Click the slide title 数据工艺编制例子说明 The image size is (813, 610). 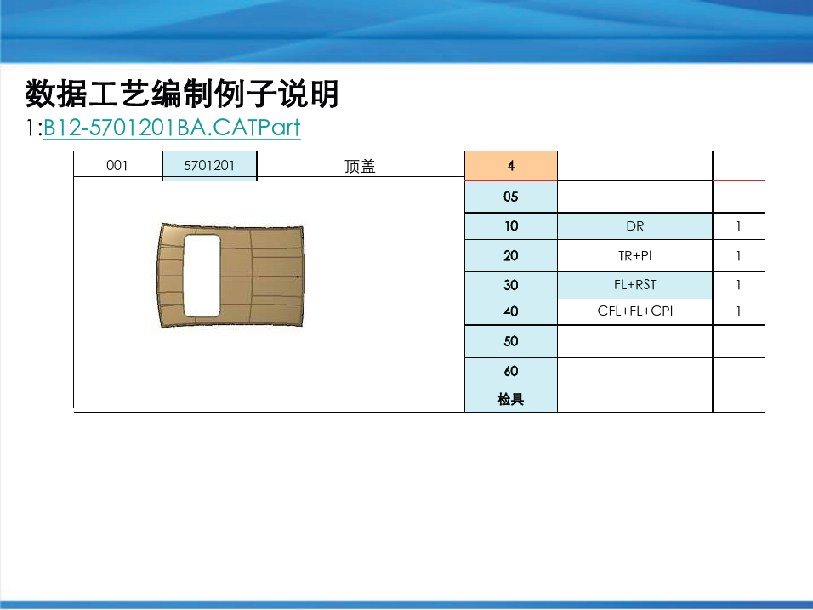click(181, 94)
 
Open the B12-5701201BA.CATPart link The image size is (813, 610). click(172, 128)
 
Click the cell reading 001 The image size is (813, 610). click(117, 165)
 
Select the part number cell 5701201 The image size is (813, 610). click(209, 165)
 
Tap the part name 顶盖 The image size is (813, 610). click(360, 166)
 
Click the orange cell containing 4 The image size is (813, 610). click(511, 166)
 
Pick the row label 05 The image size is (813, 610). click(511, 197)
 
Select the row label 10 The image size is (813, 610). click(511, 226)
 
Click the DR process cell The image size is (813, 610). click(634, 226)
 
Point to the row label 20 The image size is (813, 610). click(511, 256)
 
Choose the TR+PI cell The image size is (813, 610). click(634, 256)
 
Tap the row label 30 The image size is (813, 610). click(511, 285)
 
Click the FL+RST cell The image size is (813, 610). click(634, 285)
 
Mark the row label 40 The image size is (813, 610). click(511, 311)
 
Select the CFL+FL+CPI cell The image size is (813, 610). click(634, 311)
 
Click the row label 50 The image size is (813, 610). click(511, 341)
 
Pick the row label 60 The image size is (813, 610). click(511, 372)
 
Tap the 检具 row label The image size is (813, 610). click(511, 399)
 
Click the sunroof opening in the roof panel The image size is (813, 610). click(202, 276)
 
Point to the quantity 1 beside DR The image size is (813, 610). click(738, 226)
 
